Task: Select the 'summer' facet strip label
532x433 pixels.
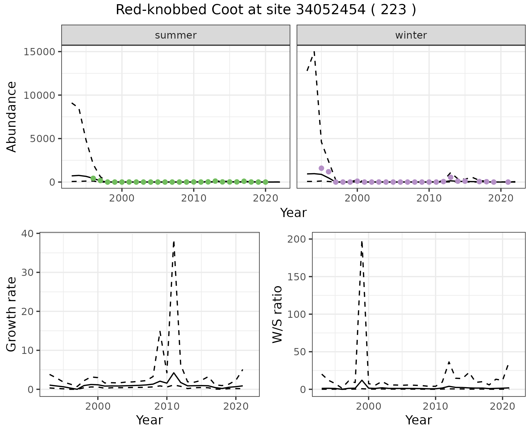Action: (x=176, y=35)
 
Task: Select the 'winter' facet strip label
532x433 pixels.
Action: (x=411, y=35)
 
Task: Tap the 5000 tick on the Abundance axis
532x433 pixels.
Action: (x=42, y=139)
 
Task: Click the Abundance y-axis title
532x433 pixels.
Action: (x=11, y=117)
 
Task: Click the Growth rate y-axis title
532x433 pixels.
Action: (x=11, y=314)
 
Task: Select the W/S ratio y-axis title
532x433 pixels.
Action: (x=277, y=314)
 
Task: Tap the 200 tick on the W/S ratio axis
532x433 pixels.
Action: (x=296, y=239)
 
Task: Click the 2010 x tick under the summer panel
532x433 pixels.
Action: (x=194, y=198)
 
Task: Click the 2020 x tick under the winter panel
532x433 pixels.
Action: (x=501, y=198)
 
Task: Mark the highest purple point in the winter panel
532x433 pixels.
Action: (x=321, y=168)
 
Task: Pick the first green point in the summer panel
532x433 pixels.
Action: (x=93, y=178)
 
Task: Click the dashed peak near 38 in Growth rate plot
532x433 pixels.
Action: (x=174, y=242)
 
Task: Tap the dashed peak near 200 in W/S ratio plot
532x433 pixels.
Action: (x=362, y=241)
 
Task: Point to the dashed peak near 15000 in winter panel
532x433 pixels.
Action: (x=314, y=51)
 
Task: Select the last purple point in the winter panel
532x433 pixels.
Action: (x=508, y=182)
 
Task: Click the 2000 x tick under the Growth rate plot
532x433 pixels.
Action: (x=98, y=406)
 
